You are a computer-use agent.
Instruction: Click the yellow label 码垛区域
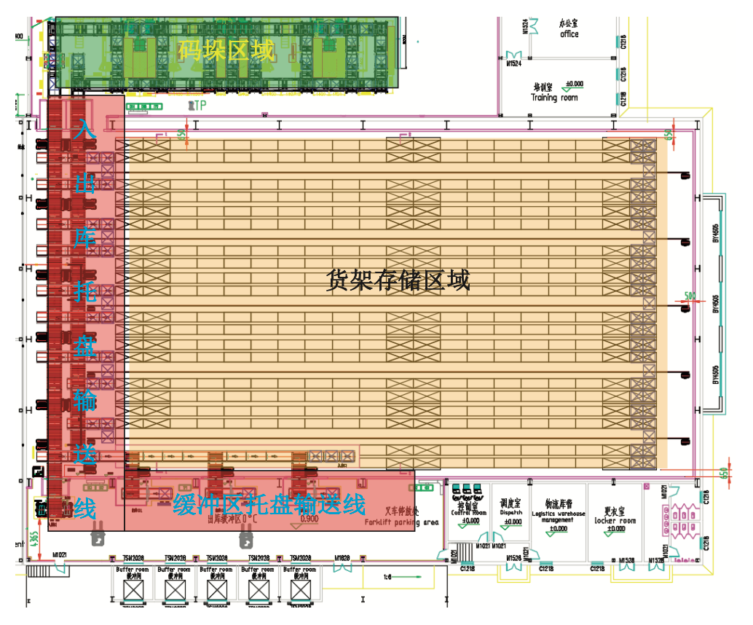pos(226,51)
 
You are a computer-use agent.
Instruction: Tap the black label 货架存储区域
pos(398,280)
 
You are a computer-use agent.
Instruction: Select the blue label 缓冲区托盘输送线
pos(269,503)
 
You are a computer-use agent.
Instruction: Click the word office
pos(569,34)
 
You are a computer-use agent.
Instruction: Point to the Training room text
pos(554,98)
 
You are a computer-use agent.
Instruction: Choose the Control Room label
pos(468,512)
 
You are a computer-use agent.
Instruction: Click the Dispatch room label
pos(512,512)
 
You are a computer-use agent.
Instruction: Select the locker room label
pos(615,521)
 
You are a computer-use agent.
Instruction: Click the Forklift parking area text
pos(401,522)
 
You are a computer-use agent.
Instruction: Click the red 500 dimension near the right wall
pos(690,296)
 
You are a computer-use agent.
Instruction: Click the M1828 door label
pos(342,559)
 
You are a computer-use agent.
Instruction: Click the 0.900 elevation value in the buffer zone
pos(308,519)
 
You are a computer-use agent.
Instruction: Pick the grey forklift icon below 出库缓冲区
pos(248,540)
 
